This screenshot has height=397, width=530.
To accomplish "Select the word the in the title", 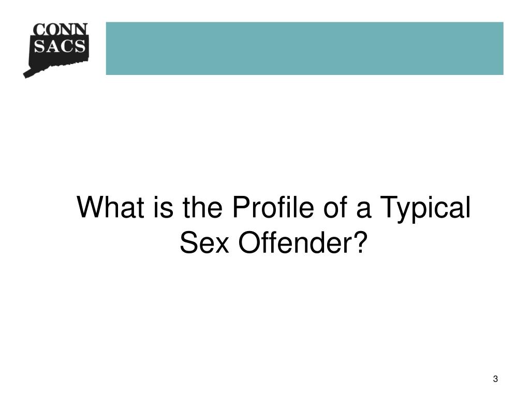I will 198,208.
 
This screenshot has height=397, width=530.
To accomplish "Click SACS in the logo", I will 60,46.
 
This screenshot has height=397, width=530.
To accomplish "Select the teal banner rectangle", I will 304,48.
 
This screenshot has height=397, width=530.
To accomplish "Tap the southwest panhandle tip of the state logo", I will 26,75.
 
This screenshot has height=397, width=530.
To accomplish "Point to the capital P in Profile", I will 240,208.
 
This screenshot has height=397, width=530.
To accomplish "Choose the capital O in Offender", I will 248,241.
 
